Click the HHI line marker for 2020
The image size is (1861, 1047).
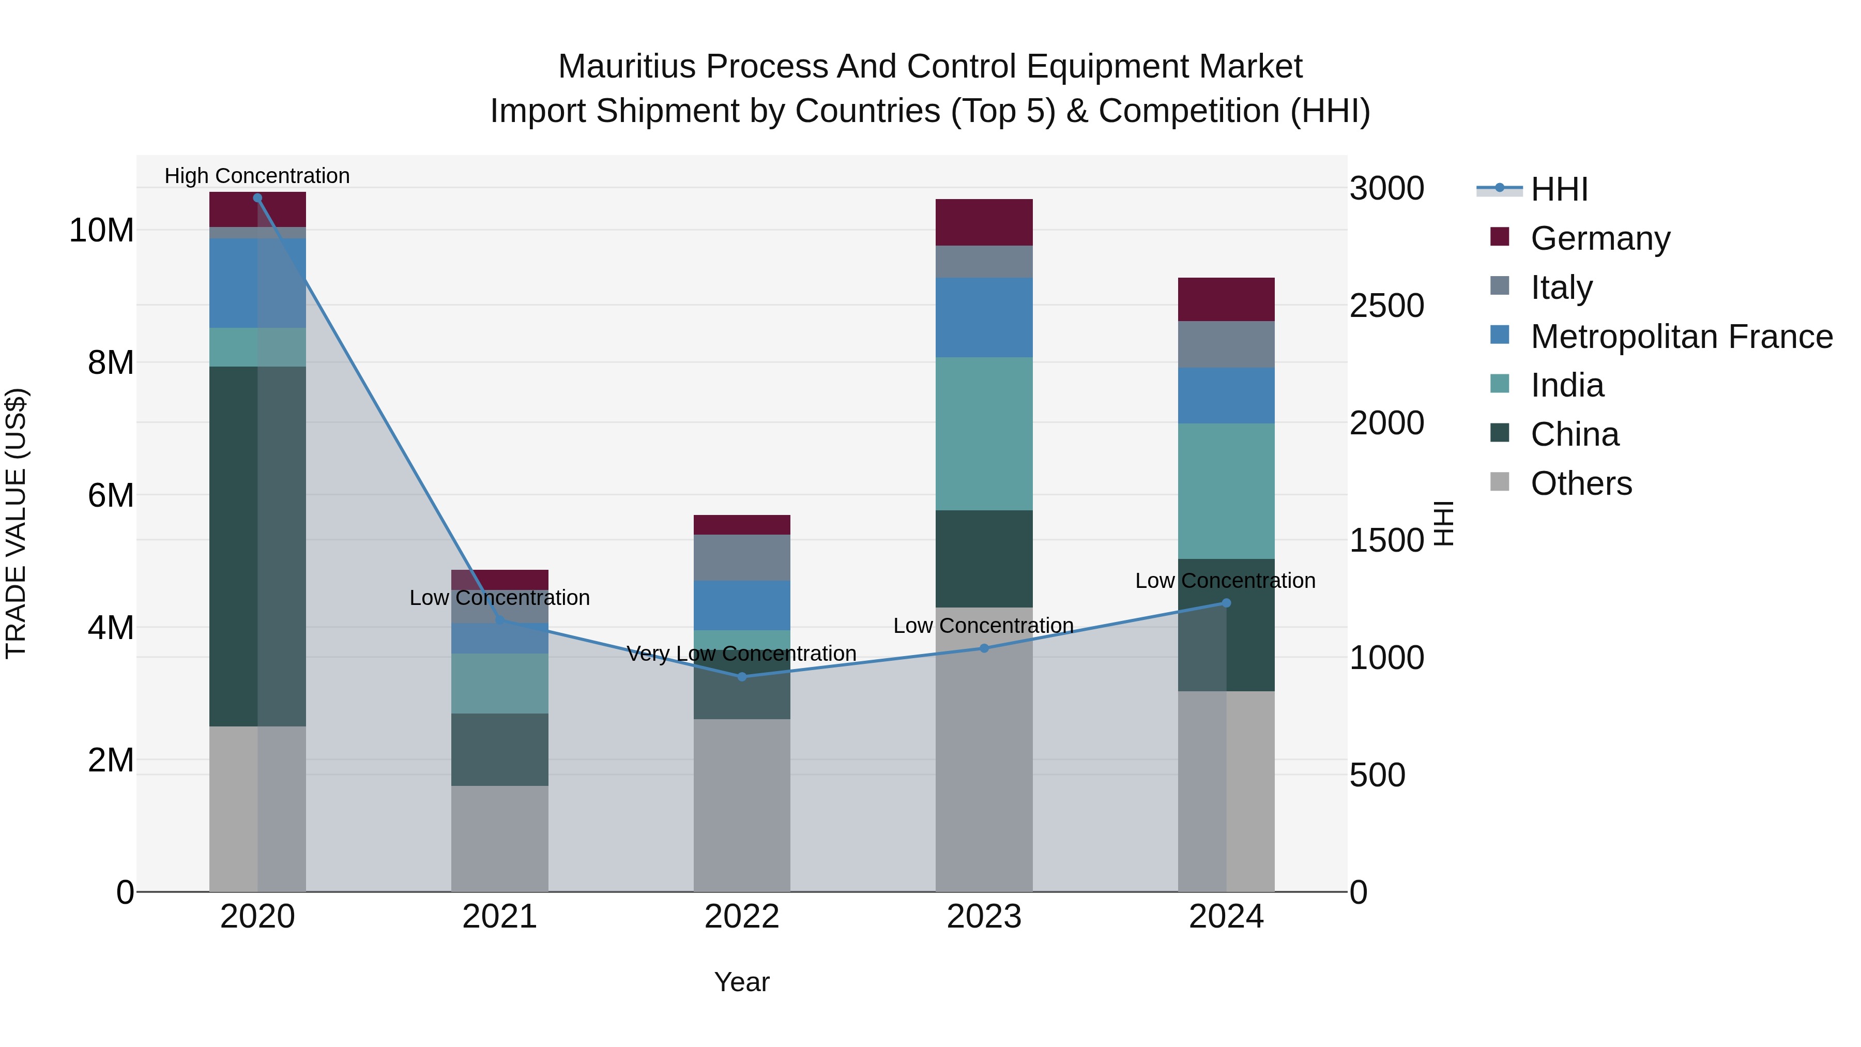257,198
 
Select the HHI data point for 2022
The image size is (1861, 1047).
742,676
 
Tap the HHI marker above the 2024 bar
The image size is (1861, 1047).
1226,603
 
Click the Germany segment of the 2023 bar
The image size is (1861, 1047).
984,222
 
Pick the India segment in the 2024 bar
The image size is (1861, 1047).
1226,491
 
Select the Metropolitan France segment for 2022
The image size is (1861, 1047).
742,605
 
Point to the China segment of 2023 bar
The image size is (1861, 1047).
984,558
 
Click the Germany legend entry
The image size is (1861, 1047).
1599,238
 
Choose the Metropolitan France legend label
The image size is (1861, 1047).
1681,336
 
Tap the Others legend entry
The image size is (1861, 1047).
1581,483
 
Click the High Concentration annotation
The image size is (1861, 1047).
257,176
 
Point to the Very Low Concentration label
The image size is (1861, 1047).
742,653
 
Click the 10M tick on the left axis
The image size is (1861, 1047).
101,231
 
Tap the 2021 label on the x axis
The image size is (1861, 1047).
499,917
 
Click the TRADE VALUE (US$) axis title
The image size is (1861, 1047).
16,523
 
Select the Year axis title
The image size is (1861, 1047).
742,982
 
